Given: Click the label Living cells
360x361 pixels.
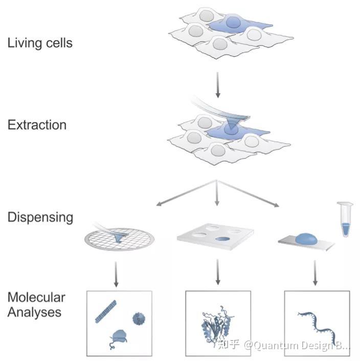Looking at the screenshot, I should [x=40, y=43].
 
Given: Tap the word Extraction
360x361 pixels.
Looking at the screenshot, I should [x=37, y=125].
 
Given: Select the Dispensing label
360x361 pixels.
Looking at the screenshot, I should [x=40, y=217].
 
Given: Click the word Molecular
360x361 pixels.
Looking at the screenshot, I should [x=36, y=298].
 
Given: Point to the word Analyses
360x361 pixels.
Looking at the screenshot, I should [x=34, y=312].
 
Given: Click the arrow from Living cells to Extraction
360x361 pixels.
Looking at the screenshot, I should [x=218, y=84].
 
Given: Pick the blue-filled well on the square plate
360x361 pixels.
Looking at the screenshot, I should [x=223, y=239].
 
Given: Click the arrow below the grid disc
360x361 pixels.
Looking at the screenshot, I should [x=117, y=274].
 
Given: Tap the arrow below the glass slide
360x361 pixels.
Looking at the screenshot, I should [x=317, y=274].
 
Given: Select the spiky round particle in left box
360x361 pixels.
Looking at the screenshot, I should [x=139, y=319].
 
